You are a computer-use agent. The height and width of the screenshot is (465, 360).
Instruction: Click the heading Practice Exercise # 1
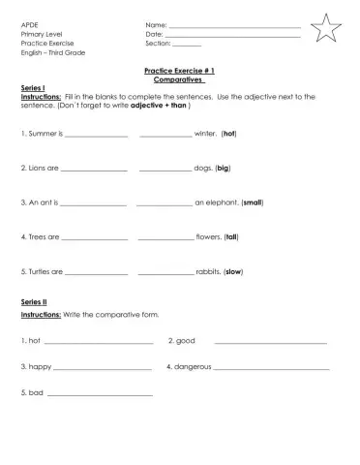[179, 71]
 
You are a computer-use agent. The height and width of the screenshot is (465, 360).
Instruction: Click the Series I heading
[33, 88]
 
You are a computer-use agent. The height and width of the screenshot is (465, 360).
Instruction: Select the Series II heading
[34, 302]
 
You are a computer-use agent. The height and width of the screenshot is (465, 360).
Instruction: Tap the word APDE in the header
[29, 24]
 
